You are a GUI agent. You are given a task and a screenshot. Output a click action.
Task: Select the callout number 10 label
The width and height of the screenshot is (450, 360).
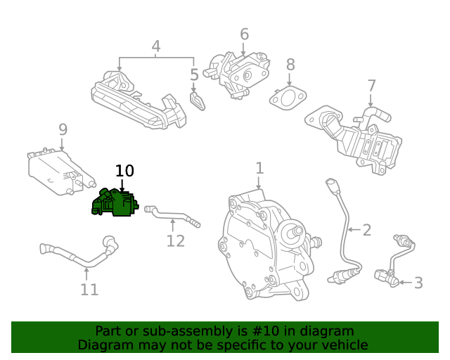pos(124,171)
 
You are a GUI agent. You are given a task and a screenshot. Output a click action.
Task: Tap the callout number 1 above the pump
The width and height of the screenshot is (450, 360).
pos(259,168)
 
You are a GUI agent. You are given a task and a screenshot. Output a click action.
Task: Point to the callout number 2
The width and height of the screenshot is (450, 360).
pos(366,229)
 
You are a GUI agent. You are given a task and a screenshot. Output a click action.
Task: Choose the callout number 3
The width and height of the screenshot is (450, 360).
pos(418,283)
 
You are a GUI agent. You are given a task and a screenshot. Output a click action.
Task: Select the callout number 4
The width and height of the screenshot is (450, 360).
pos(156,46)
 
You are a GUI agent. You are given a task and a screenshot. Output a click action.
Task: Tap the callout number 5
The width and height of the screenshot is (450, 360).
pos(194,75)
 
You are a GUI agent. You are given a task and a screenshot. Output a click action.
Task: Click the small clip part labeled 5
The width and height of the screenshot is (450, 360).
pos(198,101)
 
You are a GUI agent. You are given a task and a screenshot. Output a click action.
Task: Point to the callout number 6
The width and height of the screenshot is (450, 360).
pos(244,34)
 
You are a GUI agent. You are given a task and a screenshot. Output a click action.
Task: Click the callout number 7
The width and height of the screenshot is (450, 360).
pos(372,86)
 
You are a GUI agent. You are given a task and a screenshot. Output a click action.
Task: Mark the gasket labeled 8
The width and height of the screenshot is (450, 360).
pos(287,98)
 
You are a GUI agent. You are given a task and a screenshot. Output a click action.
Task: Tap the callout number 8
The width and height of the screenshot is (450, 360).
pos(290,65)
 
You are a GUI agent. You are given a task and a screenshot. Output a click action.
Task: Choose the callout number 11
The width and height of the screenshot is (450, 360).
pos(89,289)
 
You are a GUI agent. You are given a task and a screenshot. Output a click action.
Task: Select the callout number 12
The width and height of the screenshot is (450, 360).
pos(175,240)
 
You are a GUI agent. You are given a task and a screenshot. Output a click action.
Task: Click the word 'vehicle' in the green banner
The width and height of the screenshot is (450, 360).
pos(341,345)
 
